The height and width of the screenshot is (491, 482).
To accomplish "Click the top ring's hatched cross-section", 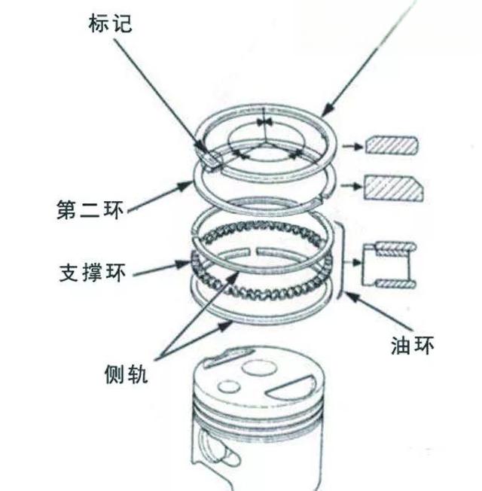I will point(390,145).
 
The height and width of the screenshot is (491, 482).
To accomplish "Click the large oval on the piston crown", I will point(257,367).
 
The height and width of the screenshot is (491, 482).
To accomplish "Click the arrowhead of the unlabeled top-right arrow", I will point(325,112).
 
